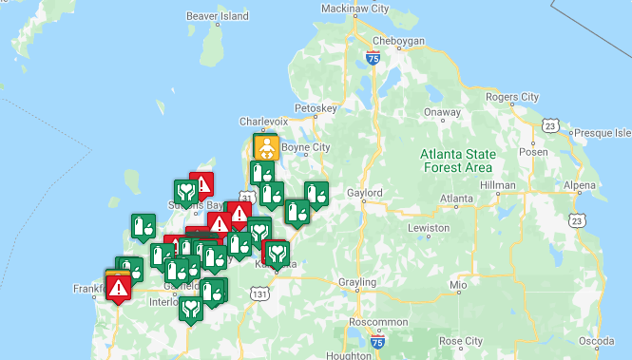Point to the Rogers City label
coord(511,97)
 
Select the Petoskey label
coord(316,109)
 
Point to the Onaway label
coord(441,112)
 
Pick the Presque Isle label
coord(603,132)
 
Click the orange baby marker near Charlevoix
coord(266,148)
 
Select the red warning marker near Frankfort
coord(119,286)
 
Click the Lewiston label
coord(429,229)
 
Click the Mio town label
coord(460,284)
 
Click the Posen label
coord(535,150)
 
